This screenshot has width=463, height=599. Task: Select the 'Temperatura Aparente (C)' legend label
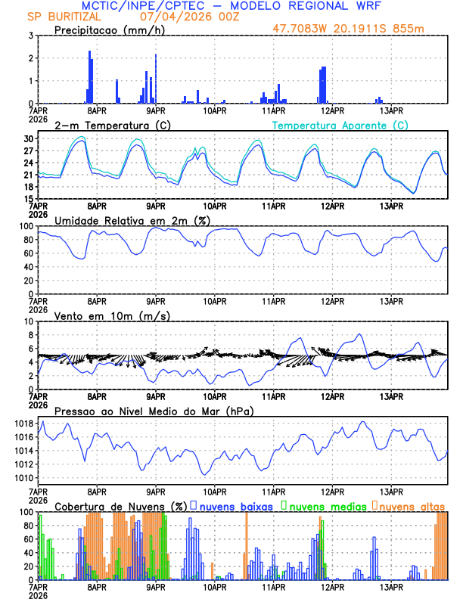coord(340,126)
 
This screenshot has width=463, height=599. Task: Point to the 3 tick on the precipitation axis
coord(30,36)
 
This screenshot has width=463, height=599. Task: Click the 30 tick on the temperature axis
coord(28,139)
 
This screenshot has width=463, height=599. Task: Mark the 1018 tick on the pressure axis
coord(23,424)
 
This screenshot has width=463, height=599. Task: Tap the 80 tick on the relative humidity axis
coord(28,240)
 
